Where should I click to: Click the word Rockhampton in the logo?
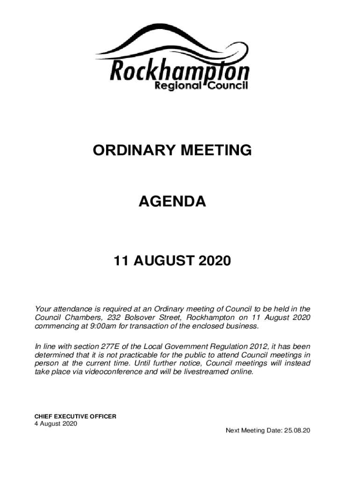click(x=179, y=72)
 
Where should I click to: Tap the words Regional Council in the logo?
click(x=201, y=87)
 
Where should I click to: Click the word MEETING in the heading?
click(x=218, y=151)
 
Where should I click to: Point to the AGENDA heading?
click(x=173, y=202)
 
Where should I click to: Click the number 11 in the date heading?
click(x=122, y=261)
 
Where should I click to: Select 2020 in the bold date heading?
click(x=214, y=261)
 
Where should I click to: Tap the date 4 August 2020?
click(x=56, y=424)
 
